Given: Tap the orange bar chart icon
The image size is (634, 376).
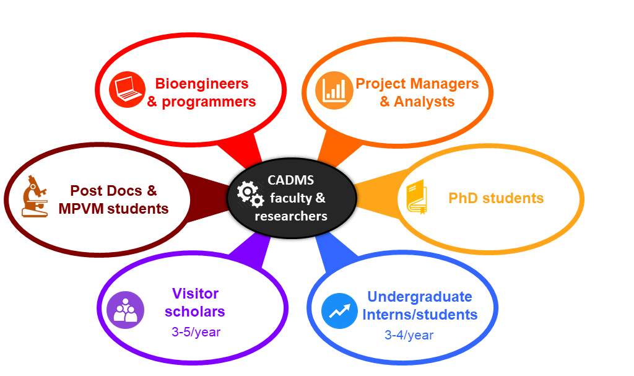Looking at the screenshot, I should [334, 90].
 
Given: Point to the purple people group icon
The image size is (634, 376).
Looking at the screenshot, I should [125, 310].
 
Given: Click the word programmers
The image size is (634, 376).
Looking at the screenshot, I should [209, 102].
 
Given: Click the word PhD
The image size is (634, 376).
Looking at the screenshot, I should [464, 198].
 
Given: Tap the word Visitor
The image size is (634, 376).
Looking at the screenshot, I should [195, 293].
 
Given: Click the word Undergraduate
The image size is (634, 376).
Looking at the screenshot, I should [419, 297].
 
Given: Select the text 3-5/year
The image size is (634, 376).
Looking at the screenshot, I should [196, 332].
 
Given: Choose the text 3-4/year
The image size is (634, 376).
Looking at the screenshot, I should [409, 335].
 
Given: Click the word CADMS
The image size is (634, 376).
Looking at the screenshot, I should [290, 180].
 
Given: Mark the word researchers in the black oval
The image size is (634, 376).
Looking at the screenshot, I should [291, 216].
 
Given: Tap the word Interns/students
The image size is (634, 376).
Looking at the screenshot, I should [420, 315].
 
